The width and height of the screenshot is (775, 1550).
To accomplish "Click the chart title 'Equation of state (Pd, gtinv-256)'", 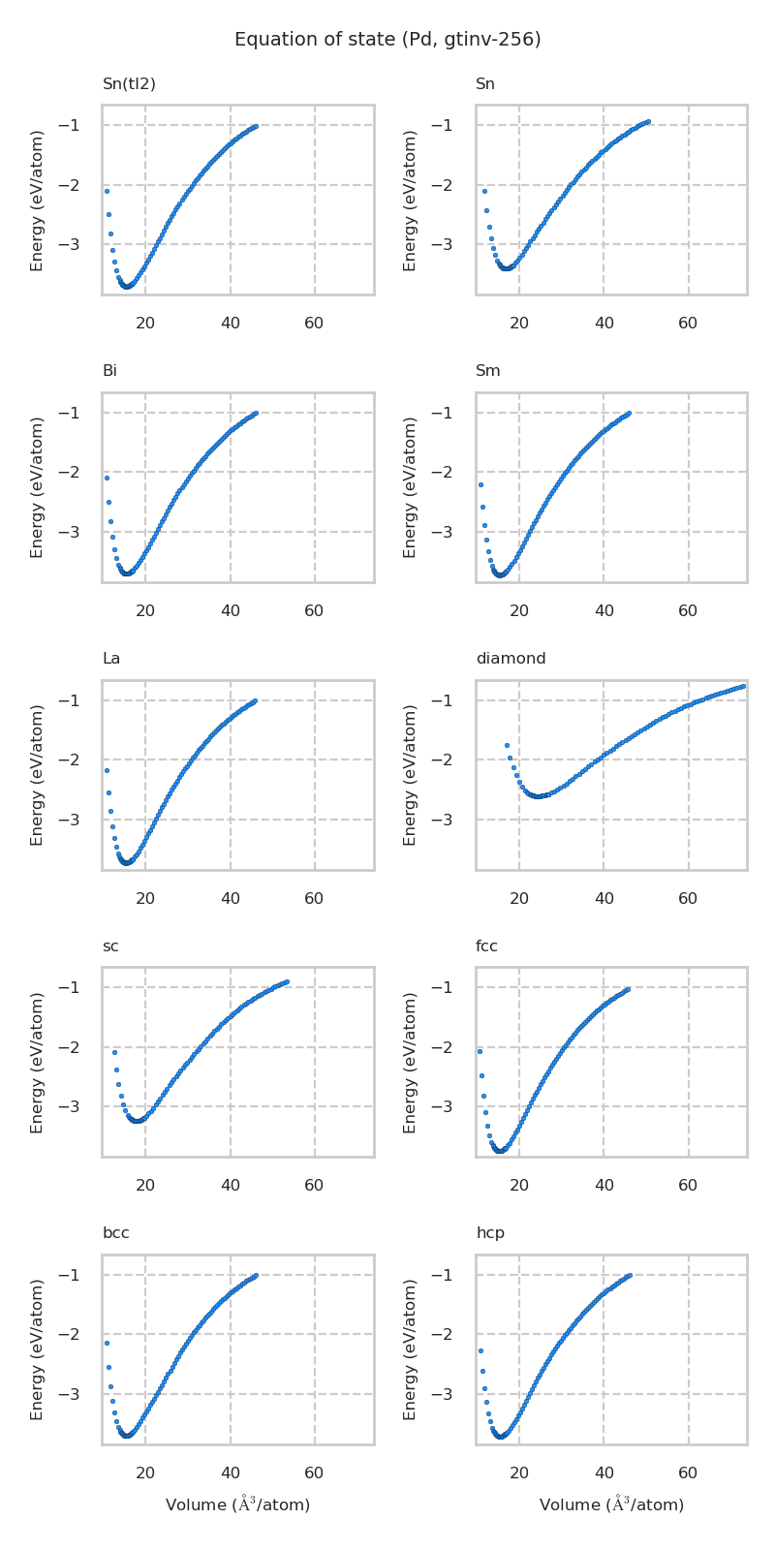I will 387,40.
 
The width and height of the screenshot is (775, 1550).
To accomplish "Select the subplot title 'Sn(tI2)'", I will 129,84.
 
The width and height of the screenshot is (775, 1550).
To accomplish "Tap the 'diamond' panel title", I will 511,659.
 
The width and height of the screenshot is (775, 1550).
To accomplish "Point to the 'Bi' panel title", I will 109,371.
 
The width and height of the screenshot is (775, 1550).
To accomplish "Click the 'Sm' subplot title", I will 487,371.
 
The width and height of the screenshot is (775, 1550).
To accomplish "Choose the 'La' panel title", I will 111,659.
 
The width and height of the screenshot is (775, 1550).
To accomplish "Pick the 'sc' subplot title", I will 110,946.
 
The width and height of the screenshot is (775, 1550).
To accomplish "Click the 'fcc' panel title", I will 486,946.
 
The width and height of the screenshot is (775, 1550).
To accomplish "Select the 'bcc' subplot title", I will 115,1233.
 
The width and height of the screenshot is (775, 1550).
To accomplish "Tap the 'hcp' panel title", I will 490,1233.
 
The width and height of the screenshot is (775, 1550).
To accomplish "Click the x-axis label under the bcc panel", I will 237,1504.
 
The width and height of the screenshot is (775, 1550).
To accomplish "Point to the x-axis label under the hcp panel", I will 611,1504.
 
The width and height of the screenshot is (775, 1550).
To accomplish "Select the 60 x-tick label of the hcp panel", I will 688,1473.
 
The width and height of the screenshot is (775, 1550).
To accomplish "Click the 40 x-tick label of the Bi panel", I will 231,611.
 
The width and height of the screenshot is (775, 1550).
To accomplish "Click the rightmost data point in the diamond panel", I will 743,686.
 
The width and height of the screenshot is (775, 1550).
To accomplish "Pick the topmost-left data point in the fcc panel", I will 480,1051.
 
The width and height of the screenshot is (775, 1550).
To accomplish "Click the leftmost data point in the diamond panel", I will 507,745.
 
